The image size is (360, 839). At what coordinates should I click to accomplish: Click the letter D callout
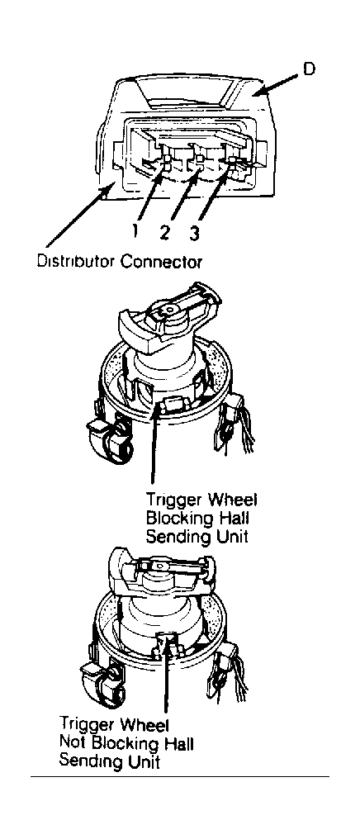310,70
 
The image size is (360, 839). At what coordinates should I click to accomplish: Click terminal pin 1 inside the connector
166,162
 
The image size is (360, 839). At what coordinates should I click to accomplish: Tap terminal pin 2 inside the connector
200,160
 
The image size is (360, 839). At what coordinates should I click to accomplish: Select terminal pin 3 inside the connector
233,160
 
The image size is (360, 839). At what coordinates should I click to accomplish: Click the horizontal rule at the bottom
180,776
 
